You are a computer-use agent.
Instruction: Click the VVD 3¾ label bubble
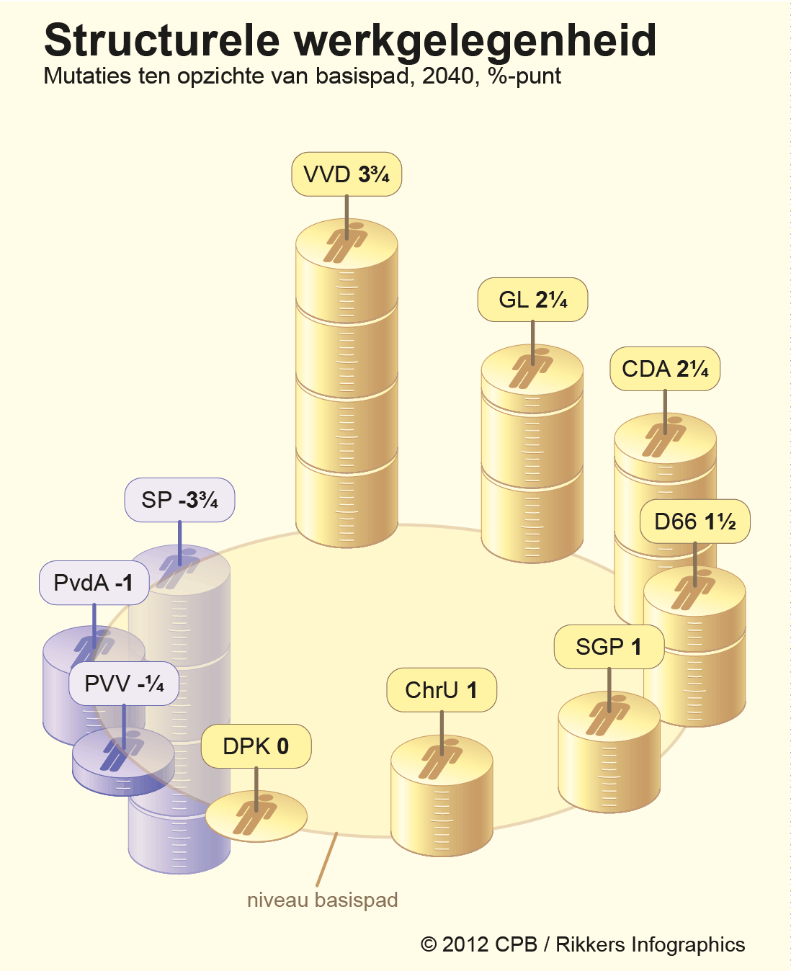click(x=347, y=174)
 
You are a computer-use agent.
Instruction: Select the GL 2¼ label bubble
click(x=532, y=300)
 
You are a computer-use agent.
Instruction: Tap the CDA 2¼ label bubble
click(x=665, y=369)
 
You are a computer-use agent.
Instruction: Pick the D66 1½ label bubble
click(x=694, y=522)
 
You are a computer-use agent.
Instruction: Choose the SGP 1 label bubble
click(x=609, y=647)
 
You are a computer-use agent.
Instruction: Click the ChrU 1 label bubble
click(x=442, y=690)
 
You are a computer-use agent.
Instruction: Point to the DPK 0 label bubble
click(x=256, y=746)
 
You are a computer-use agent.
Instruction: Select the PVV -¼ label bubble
click(x=124, y=684)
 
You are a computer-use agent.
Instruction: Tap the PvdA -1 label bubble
click(x=94, y=583)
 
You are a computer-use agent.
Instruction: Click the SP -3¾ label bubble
click(x=179, y=500)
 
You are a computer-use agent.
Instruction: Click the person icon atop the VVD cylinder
click(x=346, y=242)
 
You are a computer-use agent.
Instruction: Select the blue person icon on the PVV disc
click(x=122, y=751)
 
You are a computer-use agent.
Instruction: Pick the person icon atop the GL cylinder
click(x=532, y=368)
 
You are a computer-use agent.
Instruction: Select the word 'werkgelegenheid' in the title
click(x=475, y=41)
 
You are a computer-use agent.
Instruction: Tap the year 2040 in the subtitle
click(x=448, y=76)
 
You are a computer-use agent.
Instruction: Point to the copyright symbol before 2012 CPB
click(x=428, y=944)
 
